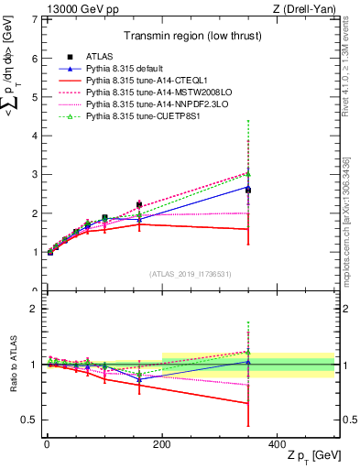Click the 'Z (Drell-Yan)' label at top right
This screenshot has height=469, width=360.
click(x=304, y=9)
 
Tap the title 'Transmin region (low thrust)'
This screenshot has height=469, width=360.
click(x=188, y=37)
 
